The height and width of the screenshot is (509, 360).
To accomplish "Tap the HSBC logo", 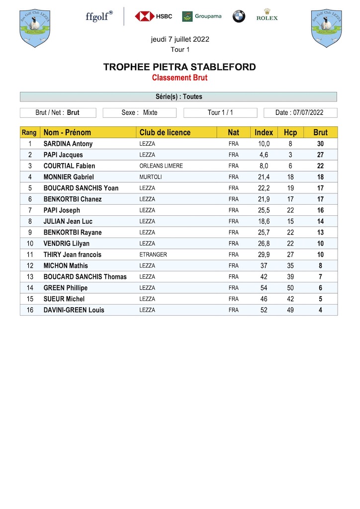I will pos(153,16).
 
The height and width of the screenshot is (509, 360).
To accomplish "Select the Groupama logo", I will pos(201,16).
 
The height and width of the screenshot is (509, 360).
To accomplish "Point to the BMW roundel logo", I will pos(239,16).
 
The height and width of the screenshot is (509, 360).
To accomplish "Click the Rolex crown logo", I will pos(267,15).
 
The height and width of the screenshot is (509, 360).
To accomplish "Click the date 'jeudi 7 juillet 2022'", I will pos(180,40).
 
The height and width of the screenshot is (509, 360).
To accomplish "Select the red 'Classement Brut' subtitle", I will pos(180,78).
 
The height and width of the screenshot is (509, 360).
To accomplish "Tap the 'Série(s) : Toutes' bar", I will pos(179,97).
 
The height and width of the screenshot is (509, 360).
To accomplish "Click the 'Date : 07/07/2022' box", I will pos(300,113).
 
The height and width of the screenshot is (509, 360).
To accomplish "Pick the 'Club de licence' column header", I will pos(165,133).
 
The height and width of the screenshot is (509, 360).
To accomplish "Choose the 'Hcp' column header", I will pos(290,133).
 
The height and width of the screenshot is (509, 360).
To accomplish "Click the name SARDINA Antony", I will pos(68,144).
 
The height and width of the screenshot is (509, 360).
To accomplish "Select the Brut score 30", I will pos(320,144).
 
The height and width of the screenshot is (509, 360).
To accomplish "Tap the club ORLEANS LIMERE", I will pos(161,166).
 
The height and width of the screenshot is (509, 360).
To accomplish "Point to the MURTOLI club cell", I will pos(151,177).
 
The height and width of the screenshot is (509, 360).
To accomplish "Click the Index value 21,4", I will pos(264,177).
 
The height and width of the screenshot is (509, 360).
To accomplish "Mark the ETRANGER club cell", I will pos(153,254).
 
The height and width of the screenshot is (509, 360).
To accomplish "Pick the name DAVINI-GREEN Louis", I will pos(74,310).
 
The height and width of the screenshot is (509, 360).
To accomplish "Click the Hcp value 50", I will pos(290,288).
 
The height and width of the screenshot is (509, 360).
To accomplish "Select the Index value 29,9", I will pos(264,254).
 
